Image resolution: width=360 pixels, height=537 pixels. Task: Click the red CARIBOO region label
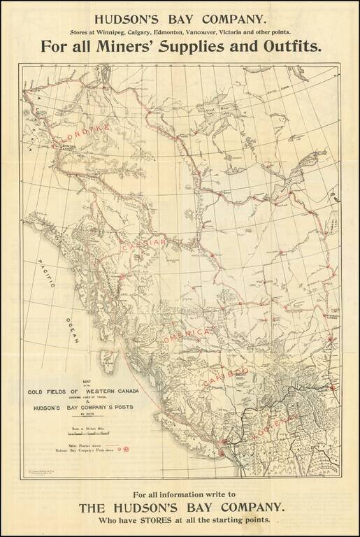pos(226,375)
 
